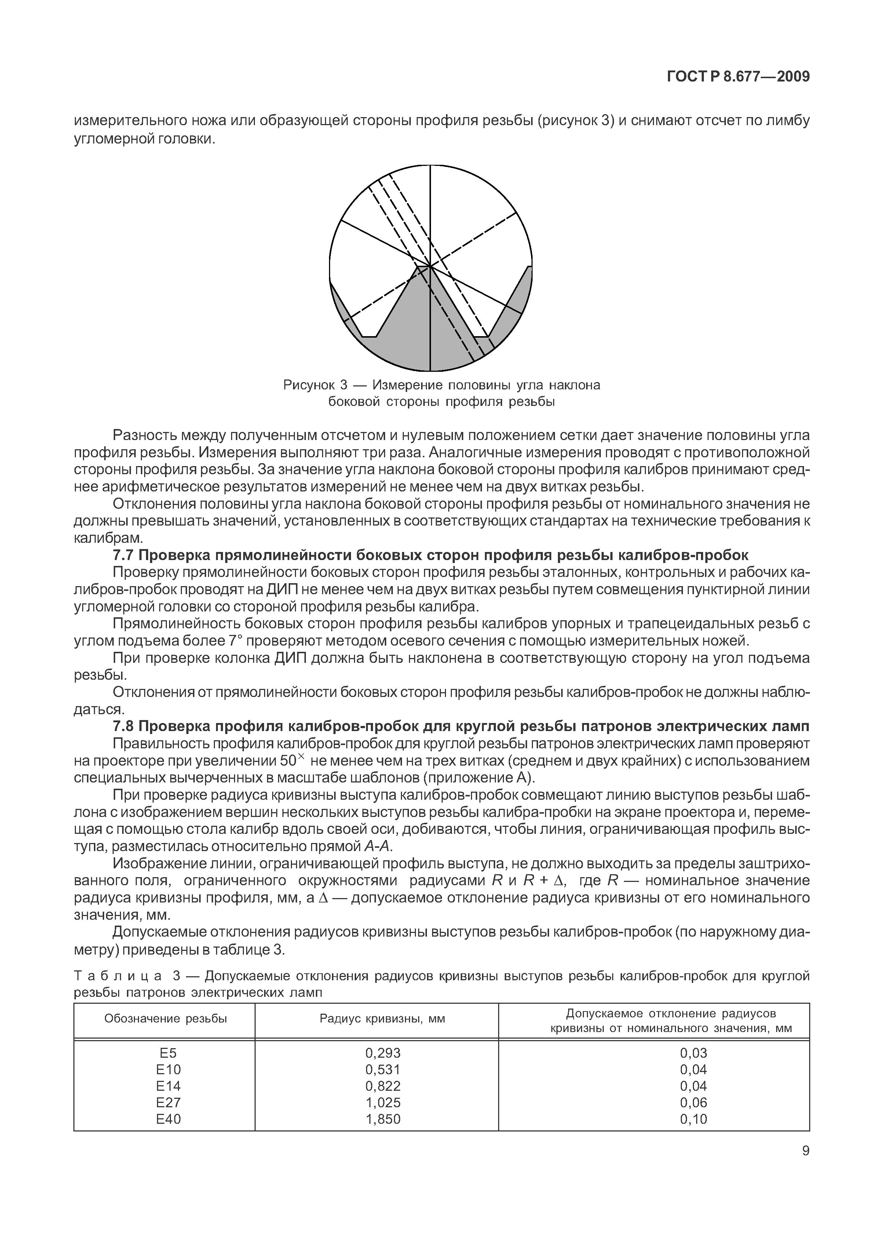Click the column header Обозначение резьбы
tap(165, 1018)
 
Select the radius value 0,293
tap(383, 1053)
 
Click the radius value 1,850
tap(383, 1119)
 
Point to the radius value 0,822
tap(383, 1086)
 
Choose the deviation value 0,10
tap(693, 1119)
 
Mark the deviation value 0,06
tap(693, 1102)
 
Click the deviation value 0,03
tap(693, 1053)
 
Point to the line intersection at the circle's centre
tap(430, 266)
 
